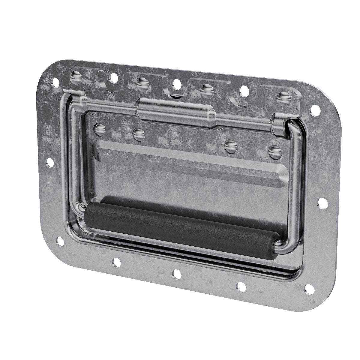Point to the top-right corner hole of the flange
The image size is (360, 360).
(315, 110)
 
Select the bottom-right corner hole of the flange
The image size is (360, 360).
(309, 289)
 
